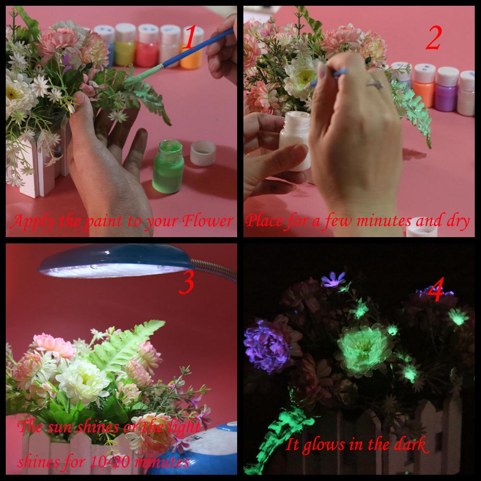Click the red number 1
(x=190, y=37)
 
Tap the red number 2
(x=433, y=38)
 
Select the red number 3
(x=187, y=283)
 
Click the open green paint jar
(x=168, y=166)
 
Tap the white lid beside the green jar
(x=203, y=153)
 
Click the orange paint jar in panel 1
(x=192, y=48)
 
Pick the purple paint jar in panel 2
(x=447, y=89)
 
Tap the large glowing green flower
(x=364, y=350)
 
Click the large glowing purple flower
(x=267, y=345)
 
